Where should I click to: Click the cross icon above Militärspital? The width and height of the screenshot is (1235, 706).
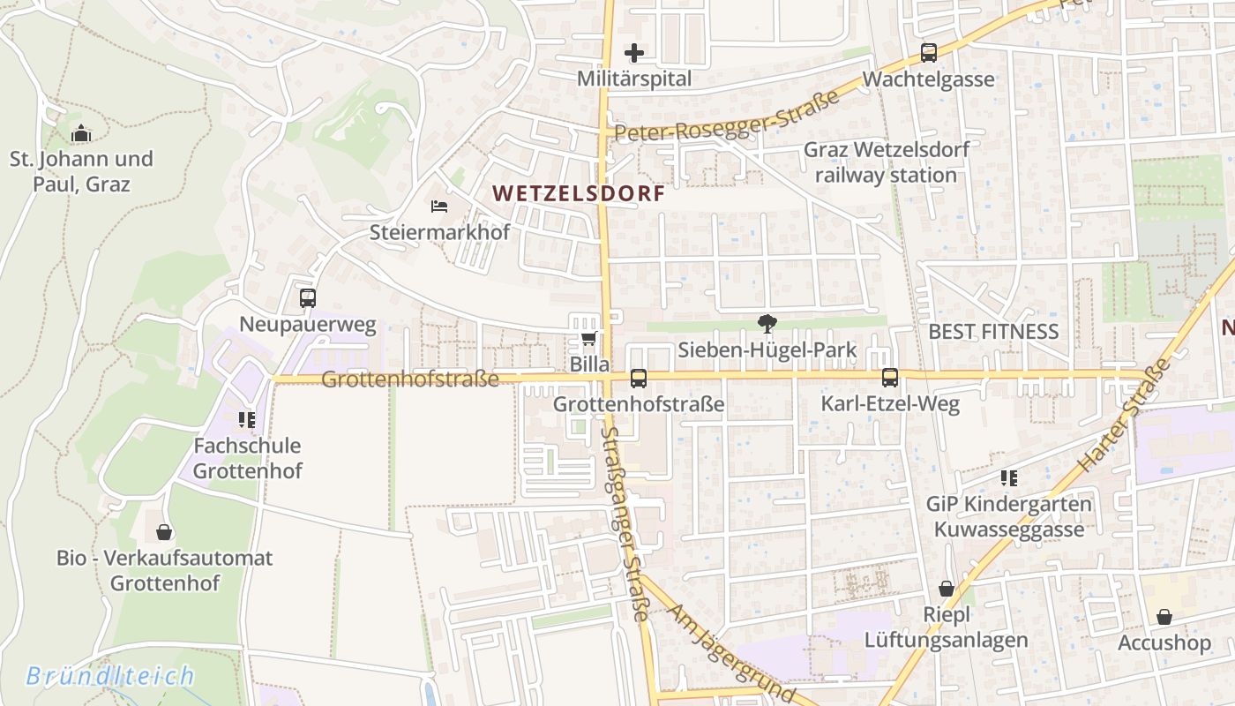pyautogui.click(x=633, y=53)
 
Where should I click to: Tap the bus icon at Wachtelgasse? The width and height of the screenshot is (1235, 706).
pyautogui.click(x=929, y=53)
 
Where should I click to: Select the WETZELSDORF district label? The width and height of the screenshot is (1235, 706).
pyautogui.click(x=578, y=193)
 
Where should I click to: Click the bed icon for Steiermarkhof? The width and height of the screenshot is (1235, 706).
pyautogui.click(x=439, y=207)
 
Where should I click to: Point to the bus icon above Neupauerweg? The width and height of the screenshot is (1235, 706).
pyautogui.click(x=307, y=298)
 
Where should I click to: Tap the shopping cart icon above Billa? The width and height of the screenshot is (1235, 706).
pyautogui.click(x=588, y=339)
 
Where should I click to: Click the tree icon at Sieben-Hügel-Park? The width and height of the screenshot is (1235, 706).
pyautogui.click(x=767, y=324)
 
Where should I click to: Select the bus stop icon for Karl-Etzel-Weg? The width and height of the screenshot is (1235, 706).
pyautogui.click(x=889, y=378)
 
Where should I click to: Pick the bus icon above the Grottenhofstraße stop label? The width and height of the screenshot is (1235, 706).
pyautogui.click(x=638, y=379)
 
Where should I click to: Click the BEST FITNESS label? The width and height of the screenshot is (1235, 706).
pyautogui.click(x=993, y=332)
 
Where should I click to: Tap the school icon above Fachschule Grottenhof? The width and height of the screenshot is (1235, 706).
pyautogui.click(x=246, y=419)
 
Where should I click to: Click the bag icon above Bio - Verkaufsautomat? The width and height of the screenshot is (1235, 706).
pyautogui.click(x=164, y=532)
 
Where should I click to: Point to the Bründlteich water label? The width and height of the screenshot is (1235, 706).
pyautogui.click(x=109, y=677)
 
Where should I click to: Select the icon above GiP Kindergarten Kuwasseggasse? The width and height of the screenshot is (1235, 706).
pyautogui.click(x=1008, y=478)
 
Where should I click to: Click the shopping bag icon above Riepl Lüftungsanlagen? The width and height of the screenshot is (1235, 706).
pyautogui.click(x=947, y=589)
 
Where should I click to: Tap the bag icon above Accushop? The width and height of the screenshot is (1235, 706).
pyautogui.click(x=1164, y=617)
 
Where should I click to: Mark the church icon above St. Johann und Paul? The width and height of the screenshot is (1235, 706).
pyautogui.click(x=81, y=133)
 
